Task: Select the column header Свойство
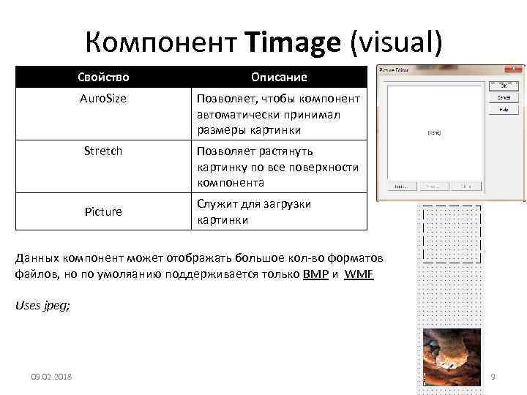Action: tap(104, 77)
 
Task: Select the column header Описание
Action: tap(279, 77)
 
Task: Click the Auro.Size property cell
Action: tap(103, 98)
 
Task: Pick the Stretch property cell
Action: tap(103, 151)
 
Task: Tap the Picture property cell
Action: tap(103, 211)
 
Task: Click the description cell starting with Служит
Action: tap(278, 211)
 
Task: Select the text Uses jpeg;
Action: tap(43, 306)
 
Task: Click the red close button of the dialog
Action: tap(516, 69)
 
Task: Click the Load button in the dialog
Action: tap(400, 187)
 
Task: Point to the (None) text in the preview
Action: tap(434, 133)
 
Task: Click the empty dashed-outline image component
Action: tap(452, 234)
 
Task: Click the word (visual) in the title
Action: tap(396, 43)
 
